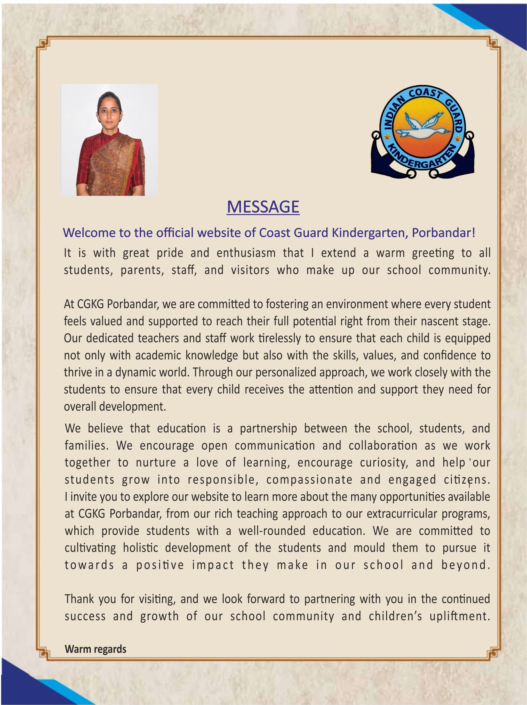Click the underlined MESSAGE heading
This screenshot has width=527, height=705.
263,207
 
